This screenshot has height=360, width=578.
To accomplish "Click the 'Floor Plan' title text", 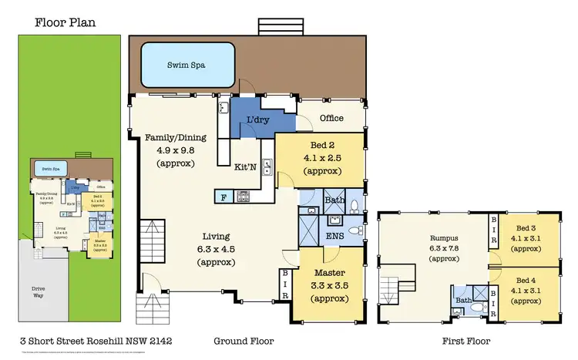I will pyautogui.click(x=65, y=22).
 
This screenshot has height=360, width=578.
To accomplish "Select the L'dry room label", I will pyautogui.click(x=257, y=120).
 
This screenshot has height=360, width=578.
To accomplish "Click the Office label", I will pyautogui.click(x=332, y=118).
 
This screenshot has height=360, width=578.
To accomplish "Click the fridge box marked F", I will pyautogui.click(x=223, y=197).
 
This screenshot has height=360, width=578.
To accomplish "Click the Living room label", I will pyautogui.click(x=217, y=237).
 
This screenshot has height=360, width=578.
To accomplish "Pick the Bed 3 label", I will pyautogui.click(x=526, y=229).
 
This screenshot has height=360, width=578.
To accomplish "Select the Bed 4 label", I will pyautogui.click(x=526, y=279).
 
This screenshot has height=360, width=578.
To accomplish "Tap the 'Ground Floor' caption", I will pyautogui.click(x=244, y=340).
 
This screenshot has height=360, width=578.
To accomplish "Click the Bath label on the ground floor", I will pyautogui.click(x=334, y=200).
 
